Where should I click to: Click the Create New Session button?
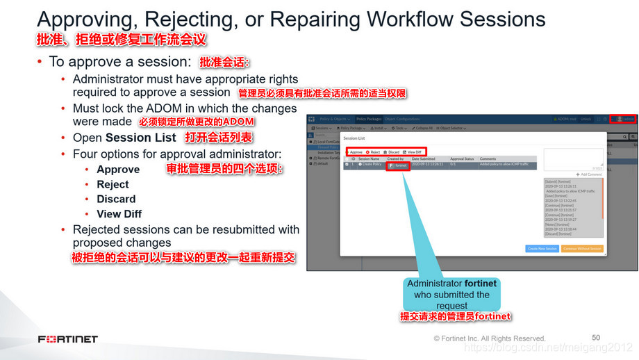coord(542,248)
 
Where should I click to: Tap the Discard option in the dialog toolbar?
coord(392,152)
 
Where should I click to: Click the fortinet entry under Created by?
coord(398,165)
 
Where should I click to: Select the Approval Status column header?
coord(462,159)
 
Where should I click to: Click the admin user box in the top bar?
coord(623,119)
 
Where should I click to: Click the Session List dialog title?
coord(354,138)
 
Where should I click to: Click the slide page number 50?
coord(596,337)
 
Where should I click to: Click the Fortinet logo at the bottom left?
coord(68,339)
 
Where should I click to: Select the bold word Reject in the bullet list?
coord(113,184)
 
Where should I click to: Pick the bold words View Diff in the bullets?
coord(119,214)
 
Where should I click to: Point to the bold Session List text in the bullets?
coord(141,138)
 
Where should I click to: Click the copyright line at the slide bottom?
coord(490,338)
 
